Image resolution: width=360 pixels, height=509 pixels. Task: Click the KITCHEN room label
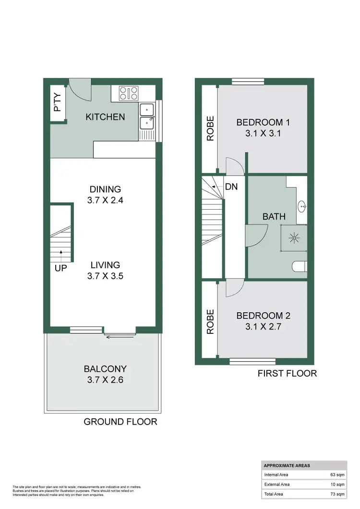(x=105, y=117)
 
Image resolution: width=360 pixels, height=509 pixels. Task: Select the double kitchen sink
(x=146, y=117)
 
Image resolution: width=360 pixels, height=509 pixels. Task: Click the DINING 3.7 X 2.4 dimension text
(x=105, y=201)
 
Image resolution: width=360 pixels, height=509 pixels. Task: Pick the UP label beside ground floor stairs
(x=61, y=268)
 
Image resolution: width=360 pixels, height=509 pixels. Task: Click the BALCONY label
(x=105, y=369)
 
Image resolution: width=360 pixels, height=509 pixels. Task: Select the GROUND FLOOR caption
(x=120, y=422)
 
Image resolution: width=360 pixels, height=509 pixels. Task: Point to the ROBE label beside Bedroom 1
(x=210, y=129)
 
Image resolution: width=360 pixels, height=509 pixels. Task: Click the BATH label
(x=271, y=217)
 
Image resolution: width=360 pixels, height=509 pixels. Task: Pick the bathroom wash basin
(x=302, y=207)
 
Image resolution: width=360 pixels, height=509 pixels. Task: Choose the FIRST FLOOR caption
(x=287, y=373)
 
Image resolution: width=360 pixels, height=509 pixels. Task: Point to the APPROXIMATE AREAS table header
(x=286, y=465)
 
